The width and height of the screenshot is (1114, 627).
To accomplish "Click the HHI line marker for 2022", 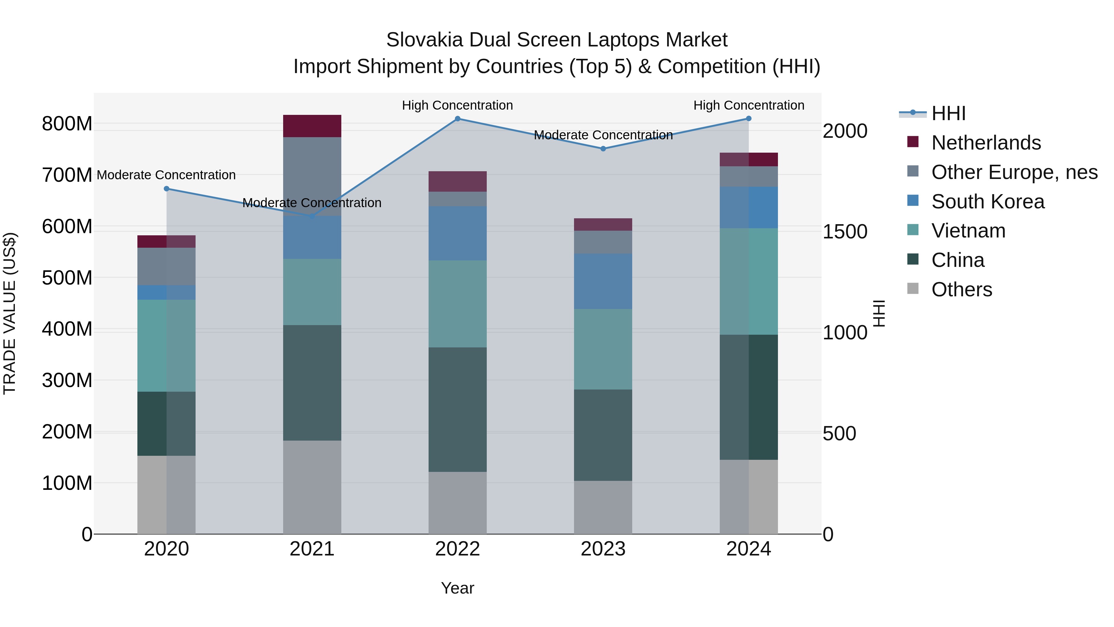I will [x=458, y=119].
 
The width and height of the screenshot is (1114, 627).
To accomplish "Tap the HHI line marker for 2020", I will [x=166, y=189].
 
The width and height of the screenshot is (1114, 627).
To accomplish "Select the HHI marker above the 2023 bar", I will [x=603, y=148].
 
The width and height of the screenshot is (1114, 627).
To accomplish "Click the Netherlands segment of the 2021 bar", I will [x=312, y=126].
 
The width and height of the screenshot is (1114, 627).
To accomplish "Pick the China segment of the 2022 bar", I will [x=458, y=409].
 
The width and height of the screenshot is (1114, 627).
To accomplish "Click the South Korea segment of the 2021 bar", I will [x=312, y=237].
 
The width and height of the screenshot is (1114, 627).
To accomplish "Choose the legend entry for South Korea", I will [x=987, y=202].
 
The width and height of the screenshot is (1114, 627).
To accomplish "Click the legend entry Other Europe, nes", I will [x=1014, y=172].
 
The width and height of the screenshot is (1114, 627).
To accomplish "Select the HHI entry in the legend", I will [x=948, y=113].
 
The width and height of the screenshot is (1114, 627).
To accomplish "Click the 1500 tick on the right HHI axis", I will [x=844, y=232].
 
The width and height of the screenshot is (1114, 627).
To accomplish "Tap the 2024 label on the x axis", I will [x=749, y=549].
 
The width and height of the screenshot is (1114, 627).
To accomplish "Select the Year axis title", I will [x=458, y=588].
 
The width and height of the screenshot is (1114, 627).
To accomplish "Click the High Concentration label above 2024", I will [x=749, y=105].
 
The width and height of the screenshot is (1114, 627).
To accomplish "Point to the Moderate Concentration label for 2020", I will [x=166, y=175].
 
